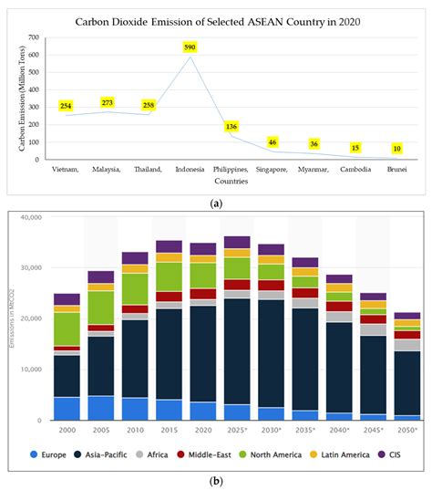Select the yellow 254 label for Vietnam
tap(67, 107)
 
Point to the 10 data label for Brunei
tap(396, 149)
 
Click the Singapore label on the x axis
tap(272, 171)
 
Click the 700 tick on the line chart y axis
tap(34, 38)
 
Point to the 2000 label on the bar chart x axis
tap(67, 429)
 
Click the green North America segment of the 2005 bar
tap(100, 308)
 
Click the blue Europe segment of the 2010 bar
tap(135, 408)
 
